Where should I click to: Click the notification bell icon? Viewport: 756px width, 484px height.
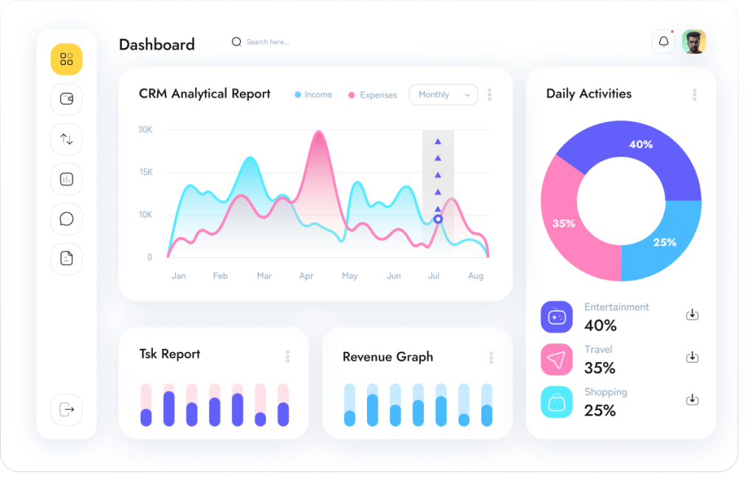point(664,42)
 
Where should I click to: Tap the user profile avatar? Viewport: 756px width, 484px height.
point(694,42)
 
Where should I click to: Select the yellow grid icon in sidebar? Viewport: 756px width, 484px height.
point(66,59)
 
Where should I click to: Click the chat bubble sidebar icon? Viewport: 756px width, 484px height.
point(66,219)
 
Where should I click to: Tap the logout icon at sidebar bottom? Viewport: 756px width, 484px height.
point(66,409)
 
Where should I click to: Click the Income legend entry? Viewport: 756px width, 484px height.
point(313,95)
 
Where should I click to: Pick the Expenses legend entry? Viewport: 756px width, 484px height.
point(373,95)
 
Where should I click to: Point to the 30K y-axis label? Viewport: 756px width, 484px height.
point(145,129)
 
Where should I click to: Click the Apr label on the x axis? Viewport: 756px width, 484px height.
point(306,276)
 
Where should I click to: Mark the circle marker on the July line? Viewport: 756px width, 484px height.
point(438,219)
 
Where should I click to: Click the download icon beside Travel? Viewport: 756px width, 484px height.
point(693,357)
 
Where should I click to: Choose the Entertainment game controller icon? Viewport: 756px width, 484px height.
point(557,317)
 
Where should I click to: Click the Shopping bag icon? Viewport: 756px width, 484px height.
point(557,402)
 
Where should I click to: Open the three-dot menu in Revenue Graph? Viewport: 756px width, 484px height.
point(491,358)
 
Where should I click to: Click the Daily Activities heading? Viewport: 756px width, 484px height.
point(588,94)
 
